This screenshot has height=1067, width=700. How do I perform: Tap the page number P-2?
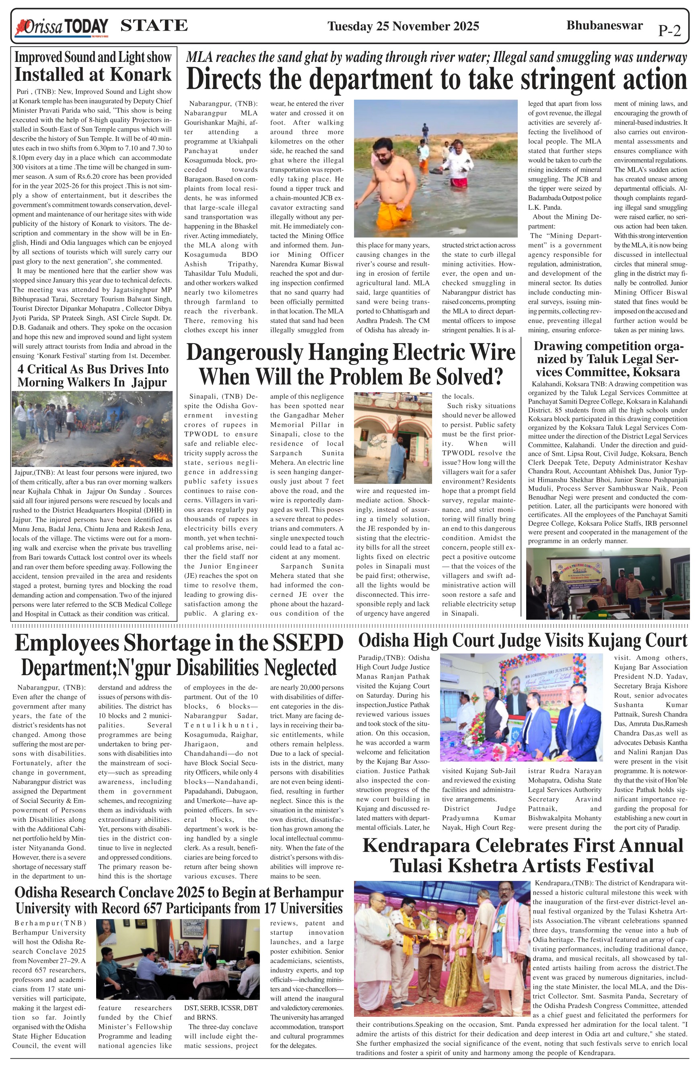(669, 31)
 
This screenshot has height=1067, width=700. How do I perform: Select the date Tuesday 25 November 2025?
(403, 26)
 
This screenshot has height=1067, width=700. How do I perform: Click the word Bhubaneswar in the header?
(604, 25)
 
